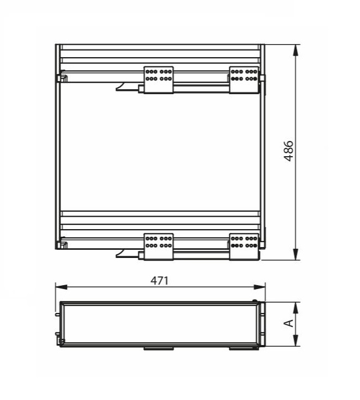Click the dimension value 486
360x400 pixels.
(x=289, y=151)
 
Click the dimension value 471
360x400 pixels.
(x=160, y=281)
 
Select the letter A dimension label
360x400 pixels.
(x=289, y=323)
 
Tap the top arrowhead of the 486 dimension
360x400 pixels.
(x=295, y=50)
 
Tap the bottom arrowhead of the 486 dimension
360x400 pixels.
(x=295, y=254)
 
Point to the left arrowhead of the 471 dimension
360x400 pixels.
(x=62, y=287)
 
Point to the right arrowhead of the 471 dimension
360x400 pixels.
(x=259, y=287)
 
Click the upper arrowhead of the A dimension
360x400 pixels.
(x=295, y=308)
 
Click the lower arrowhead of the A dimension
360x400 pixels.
(x=295, y=341)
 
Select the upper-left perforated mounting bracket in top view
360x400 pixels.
(x=158, y=80)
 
